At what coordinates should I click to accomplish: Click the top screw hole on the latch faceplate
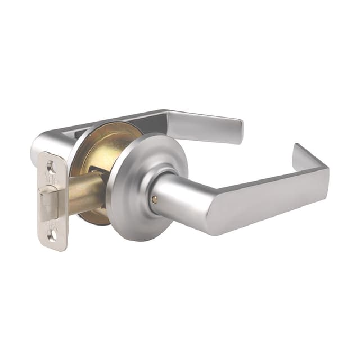pos(51,167)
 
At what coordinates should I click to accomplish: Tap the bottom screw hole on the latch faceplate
pos(53,232)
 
